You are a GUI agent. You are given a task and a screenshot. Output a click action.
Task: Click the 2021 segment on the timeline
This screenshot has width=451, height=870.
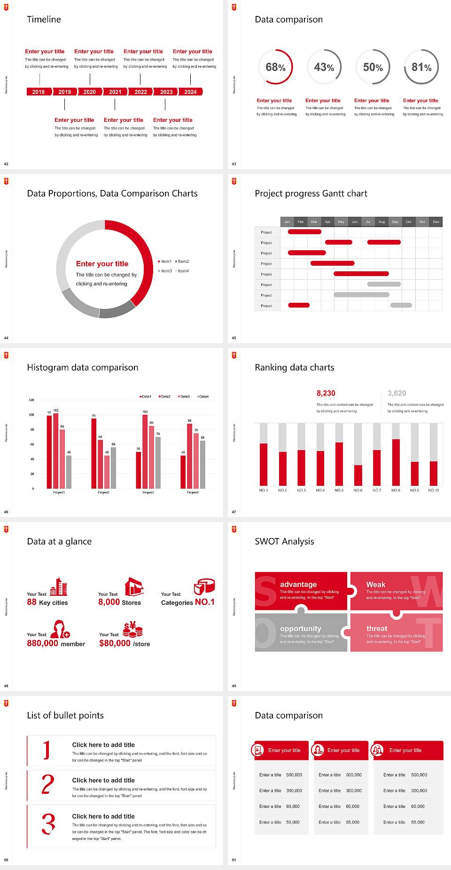(x=115, y=92)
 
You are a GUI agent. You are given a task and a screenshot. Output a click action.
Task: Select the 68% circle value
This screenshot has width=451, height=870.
(x=275, y=67)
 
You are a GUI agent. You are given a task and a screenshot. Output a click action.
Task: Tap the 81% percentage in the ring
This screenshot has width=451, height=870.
(x=421, y=67)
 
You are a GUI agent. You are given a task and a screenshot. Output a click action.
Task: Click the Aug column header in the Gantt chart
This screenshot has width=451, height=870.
(x=381, y=221)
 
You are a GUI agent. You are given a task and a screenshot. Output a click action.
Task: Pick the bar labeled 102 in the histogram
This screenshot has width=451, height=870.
(x=56, y=449)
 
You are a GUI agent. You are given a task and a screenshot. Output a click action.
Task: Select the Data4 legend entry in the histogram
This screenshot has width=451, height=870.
(x=203, y=396)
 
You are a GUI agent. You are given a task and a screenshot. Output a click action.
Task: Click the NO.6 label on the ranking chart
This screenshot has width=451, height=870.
(x=358, y=490)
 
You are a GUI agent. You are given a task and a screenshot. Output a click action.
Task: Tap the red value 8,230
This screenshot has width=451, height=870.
(x=326, y=393)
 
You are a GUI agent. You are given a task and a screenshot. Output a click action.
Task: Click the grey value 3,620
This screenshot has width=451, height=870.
(x=397, y=393)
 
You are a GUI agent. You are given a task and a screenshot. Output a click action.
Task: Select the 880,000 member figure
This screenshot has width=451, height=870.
(x=56, y=643)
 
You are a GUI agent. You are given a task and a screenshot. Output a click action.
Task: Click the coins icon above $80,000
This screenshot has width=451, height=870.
(x=132, y=629)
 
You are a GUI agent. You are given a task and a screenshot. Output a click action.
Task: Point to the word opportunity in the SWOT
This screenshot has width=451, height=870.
(x=301, y=628)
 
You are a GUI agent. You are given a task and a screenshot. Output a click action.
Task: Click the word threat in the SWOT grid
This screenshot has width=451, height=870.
(x=377, y=628)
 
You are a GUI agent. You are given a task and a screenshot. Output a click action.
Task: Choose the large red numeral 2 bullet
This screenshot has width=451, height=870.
(x=47, y=784)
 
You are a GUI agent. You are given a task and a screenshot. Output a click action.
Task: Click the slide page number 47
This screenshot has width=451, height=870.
(x=234, y=512)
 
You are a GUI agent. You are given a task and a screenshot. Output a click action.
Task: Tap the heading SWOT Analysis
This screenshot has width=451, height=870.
(x=284, y=541)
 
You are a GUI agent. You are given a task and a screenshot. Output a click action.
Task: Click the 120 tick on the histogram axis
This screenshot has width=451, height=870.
(x=32, y=400)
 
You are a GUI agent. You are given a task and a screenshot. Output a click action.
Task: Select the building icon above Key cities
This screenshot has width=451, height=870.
(x=59, y=586)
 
